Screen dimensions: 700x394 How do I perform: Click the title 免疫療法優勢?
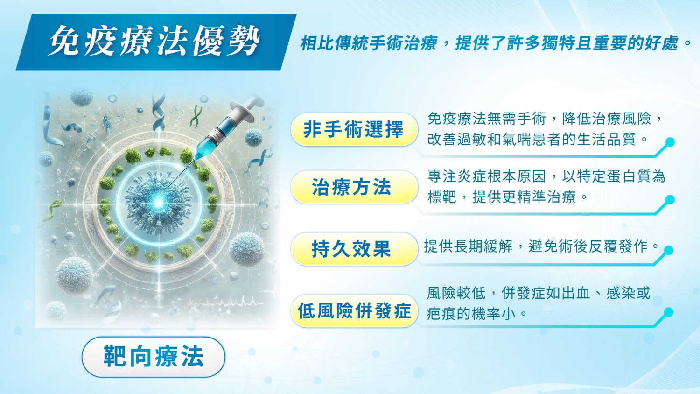(x=154, y=41)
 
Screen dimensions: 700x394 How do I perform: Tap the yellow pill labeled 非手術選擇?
(x=354, y=129)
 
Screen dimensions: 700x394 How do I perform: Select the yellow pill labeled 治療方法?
(x=354, y=187)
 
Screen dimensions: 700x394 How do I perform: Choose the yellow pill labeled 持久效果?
(x=354, y=249)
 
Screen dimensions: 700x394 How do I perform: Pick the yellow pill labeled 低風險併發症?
(x=354, y=311)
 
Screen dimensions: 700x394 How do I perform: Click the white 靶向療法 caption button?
(x=154, y=357)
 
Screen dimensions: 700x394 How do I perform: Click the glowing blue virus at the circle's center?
(x=159, y=203)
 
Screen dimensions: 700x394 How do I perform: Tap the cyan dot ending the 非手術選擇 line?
(x=670, y=142)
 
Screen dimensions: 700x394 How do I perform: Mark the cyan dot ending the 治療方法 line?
(x=670, y=200)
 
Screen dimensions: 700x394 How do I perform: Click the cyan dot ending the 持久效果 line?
(x=668, y=251)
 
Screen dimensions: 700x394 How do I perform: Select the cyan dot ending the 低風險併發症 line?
(x=668, y=312)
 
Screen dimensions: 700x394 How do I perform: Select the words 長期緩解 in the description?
(x=483, y=246)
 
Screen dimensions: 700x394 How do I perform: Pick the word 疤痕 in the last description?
(x=441, y=314)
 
